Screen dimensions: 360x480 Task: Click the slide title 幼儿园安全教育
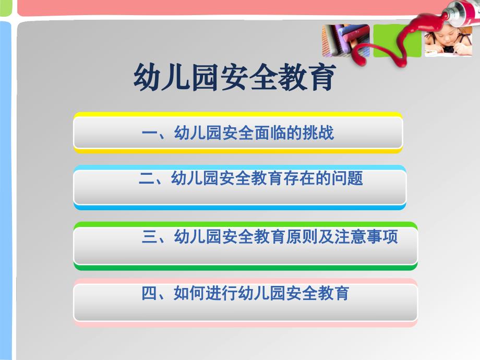[x=234, y=78]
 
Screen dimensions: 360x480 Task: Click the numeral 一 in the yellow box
[x=149, y=134]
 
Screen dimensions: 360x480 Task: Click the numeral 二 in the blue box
[x=147, y=179]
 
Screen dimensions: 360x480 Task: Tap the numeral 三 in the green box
[x=149, y=237]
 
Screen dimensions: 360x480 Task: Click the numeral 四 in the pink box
[x=149, y=294]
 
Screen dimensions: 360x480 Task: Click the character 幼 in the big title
[x=148, y=78]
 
